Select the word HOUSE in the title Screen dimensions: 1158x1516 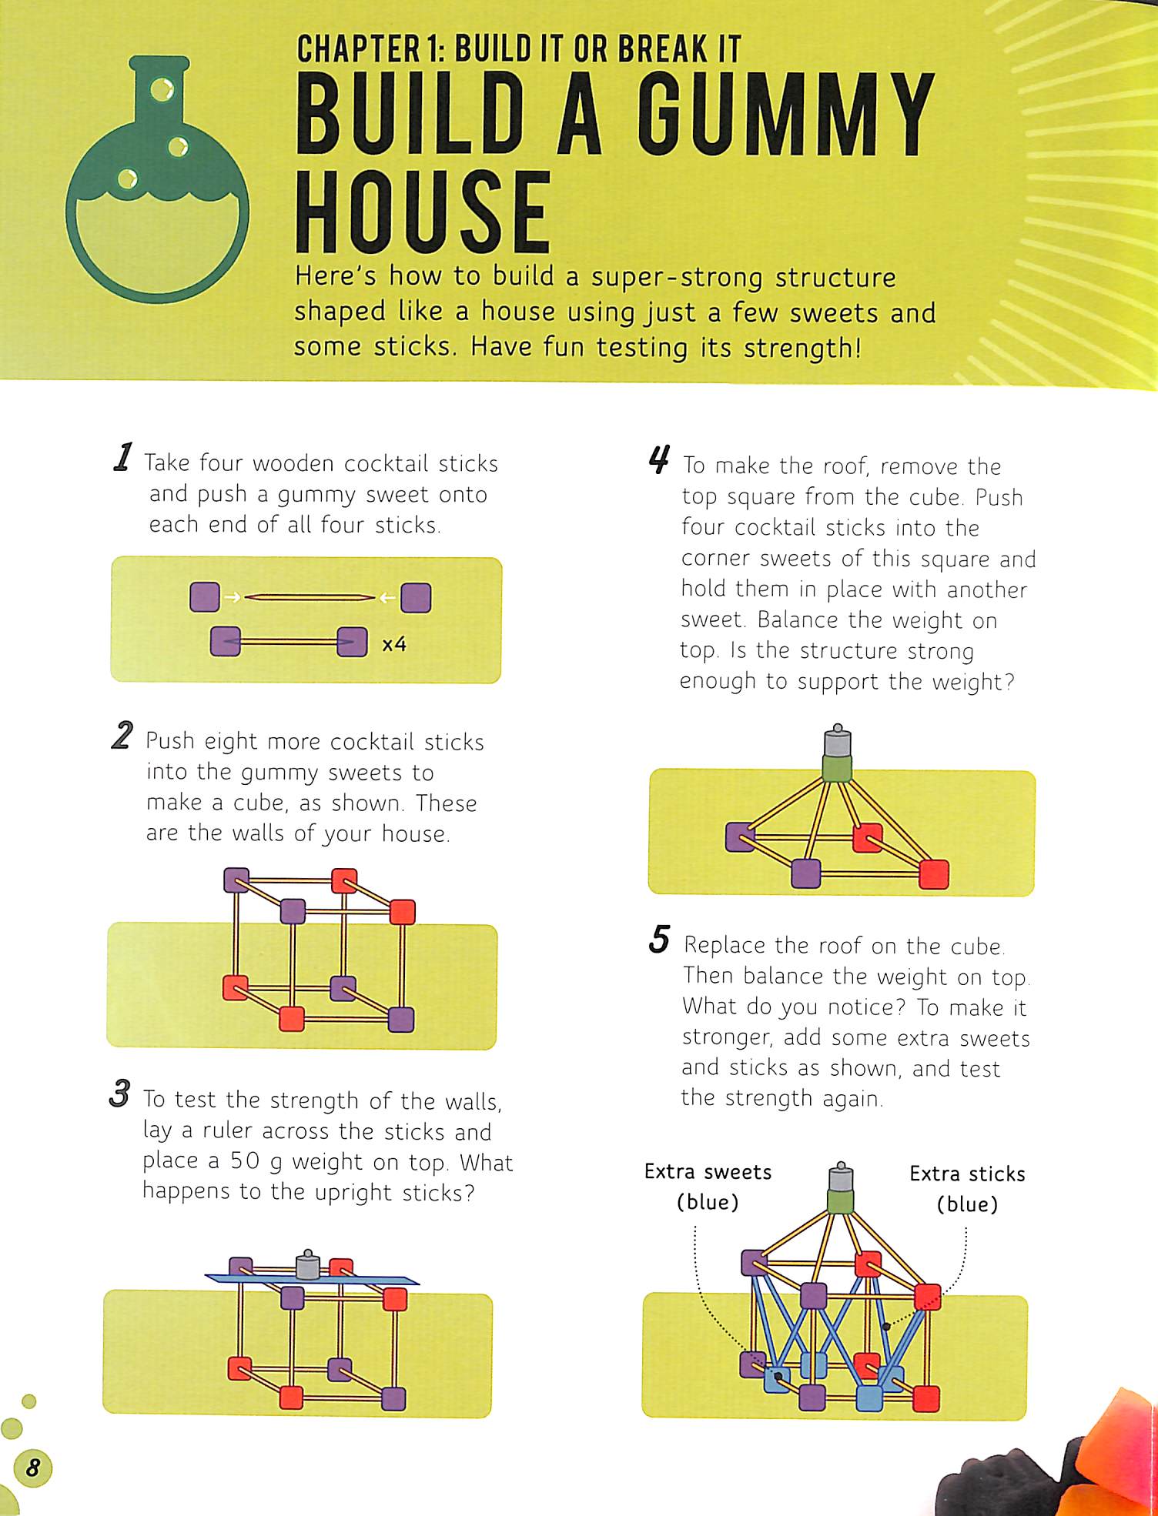423,213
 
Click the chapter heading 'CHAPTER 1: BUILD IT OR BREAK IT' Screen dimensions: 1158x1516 519,48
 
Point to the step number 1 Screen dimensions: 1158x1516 122,456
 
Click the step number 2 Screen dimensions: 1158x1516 122,735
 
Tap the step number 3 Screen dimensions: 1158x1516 120,1094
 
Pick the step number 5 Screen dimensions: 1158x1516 659,939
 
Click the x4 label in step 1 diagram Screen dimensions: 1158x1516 394,644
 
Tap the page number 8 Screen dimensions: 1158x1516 32,1468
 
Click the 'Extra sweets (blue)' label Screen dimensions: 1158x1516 708,1187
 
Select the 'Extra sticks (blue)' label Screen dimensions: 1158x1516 967,1189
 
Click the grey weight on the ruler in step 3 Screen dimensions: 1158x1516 307,1264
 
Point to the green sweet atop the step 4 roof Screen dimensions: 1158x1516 836,767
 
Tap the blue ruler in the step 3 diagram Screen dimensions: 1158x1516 312,1280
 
